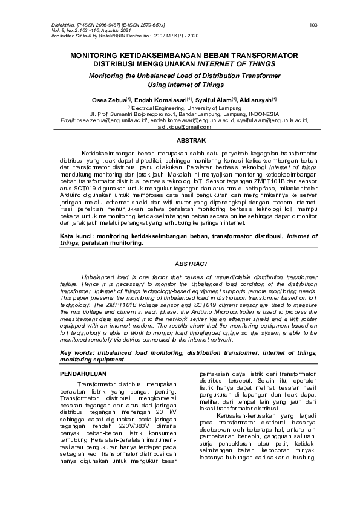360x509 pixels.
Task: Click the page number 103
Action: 313,25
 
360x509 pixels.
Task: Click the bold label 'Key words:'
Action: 76,352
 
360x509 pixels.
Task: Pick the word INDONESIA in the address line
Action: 260,114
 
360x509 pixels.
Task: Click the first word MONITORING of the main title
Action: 97,55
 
